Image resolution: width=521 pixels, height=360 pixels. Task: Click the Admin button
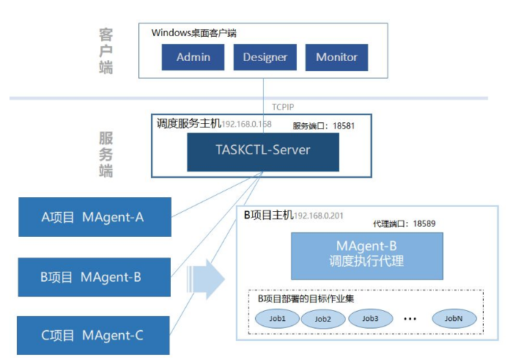point(193,57)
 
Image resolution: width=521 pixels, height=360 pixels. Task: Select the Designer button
point(265,57)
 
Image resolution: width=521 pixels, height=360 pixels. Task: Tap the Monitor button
point(337,57)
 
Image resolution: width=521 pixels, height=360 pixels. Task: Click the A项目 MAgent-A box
point(95,216)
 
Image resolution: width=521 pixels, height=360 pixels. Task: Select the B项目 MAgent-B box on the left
point(95,276)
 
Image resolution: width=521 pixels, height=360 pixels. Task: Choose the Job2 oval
point(323,319)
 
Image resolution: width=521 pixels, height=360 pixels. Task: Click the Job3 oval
point(369,318)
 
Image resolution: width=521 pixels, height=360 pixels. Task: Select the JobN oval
point(454,318)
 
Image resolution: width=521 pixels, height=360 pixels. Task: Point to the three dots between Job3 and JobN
point(410,319)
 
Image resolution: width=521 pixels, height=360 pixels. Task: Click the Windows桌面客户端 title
point(193,33)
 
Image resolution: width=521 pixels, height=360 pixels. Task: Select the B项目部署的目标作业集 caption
point(306,298)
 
